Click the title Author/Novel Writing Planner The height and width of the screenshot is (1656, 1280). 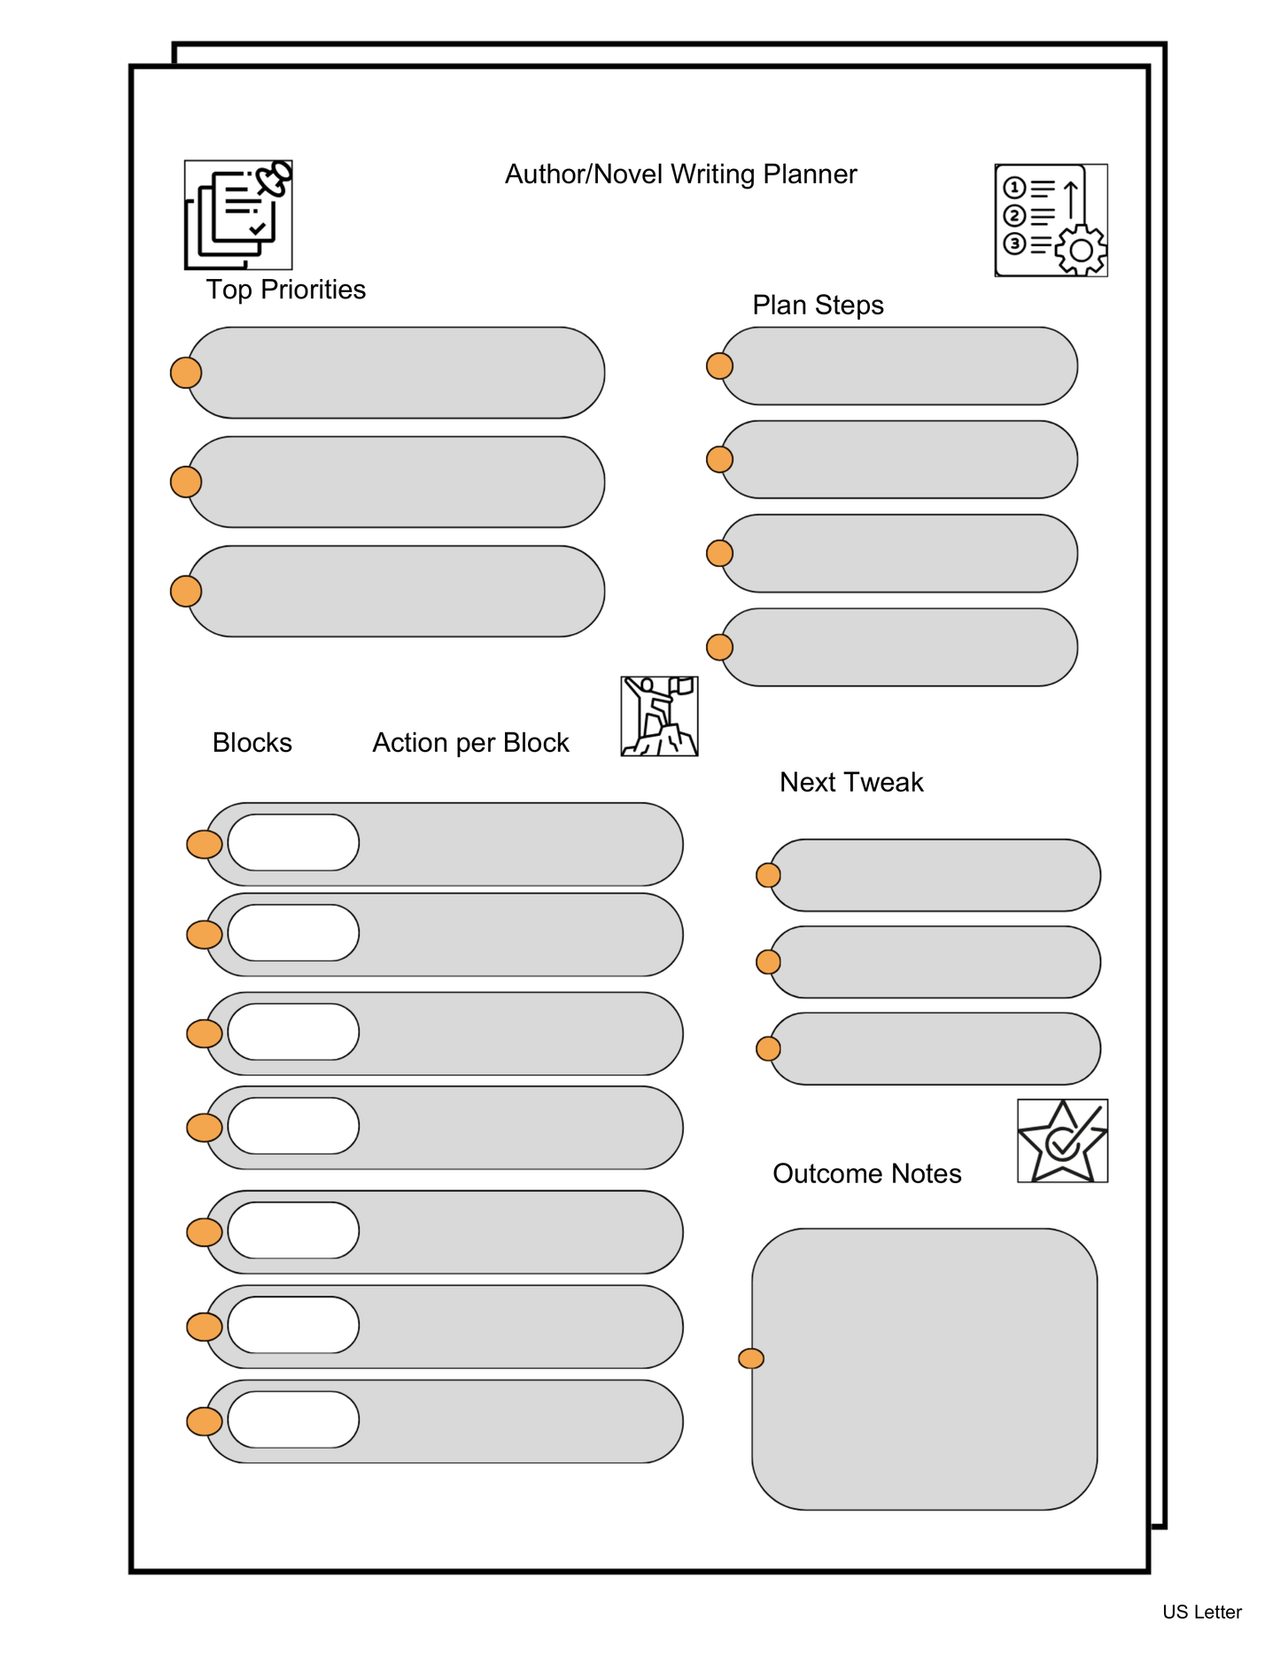pos(680,174)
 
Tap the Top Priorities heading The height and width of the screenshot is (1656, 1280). pos(285,290)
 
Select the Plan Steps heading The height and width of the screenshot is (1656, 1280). pos(818,305)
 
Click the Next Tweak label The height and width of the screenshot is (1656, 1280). pos(850,782)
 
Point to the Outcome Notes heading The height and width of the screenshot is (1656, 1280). pos(866,1173)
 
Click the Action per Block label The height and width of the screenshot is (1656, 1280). pos(470,743)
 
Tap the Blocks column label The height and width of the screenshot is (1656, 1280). pos(252,743)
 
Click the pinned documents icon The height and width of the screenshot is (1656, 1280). pos(238,215)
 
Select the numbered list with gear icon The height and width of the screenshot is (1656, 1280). pos(1051,221)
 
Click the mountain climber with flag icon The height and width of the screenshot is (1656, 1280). pos(659,716)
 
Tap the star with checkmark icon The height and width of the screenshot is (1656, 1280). pos(1062,1141)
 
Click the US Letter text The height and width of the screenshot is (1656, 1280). pos(1201,1613)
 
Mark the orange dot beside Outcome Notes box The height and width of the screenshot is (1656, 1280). pos(751,1358)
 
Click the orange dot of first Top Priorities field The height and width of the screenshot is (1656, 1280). pos(186,373)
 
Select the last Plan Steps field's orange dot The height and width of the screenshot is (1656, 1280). pos(719,647)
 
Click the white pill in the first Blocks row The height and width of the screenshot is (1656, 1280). pos(293,843)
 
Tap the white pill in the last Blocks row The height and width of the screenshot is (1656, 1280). pos(293,1420)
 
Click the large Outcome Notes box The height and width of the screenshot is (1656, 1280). pos(925,1369)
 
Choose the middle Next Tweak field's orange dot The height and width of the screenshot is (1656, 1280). pos(768,962)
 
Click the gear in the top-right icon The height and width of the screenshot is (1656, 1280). pos(1081,251)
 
